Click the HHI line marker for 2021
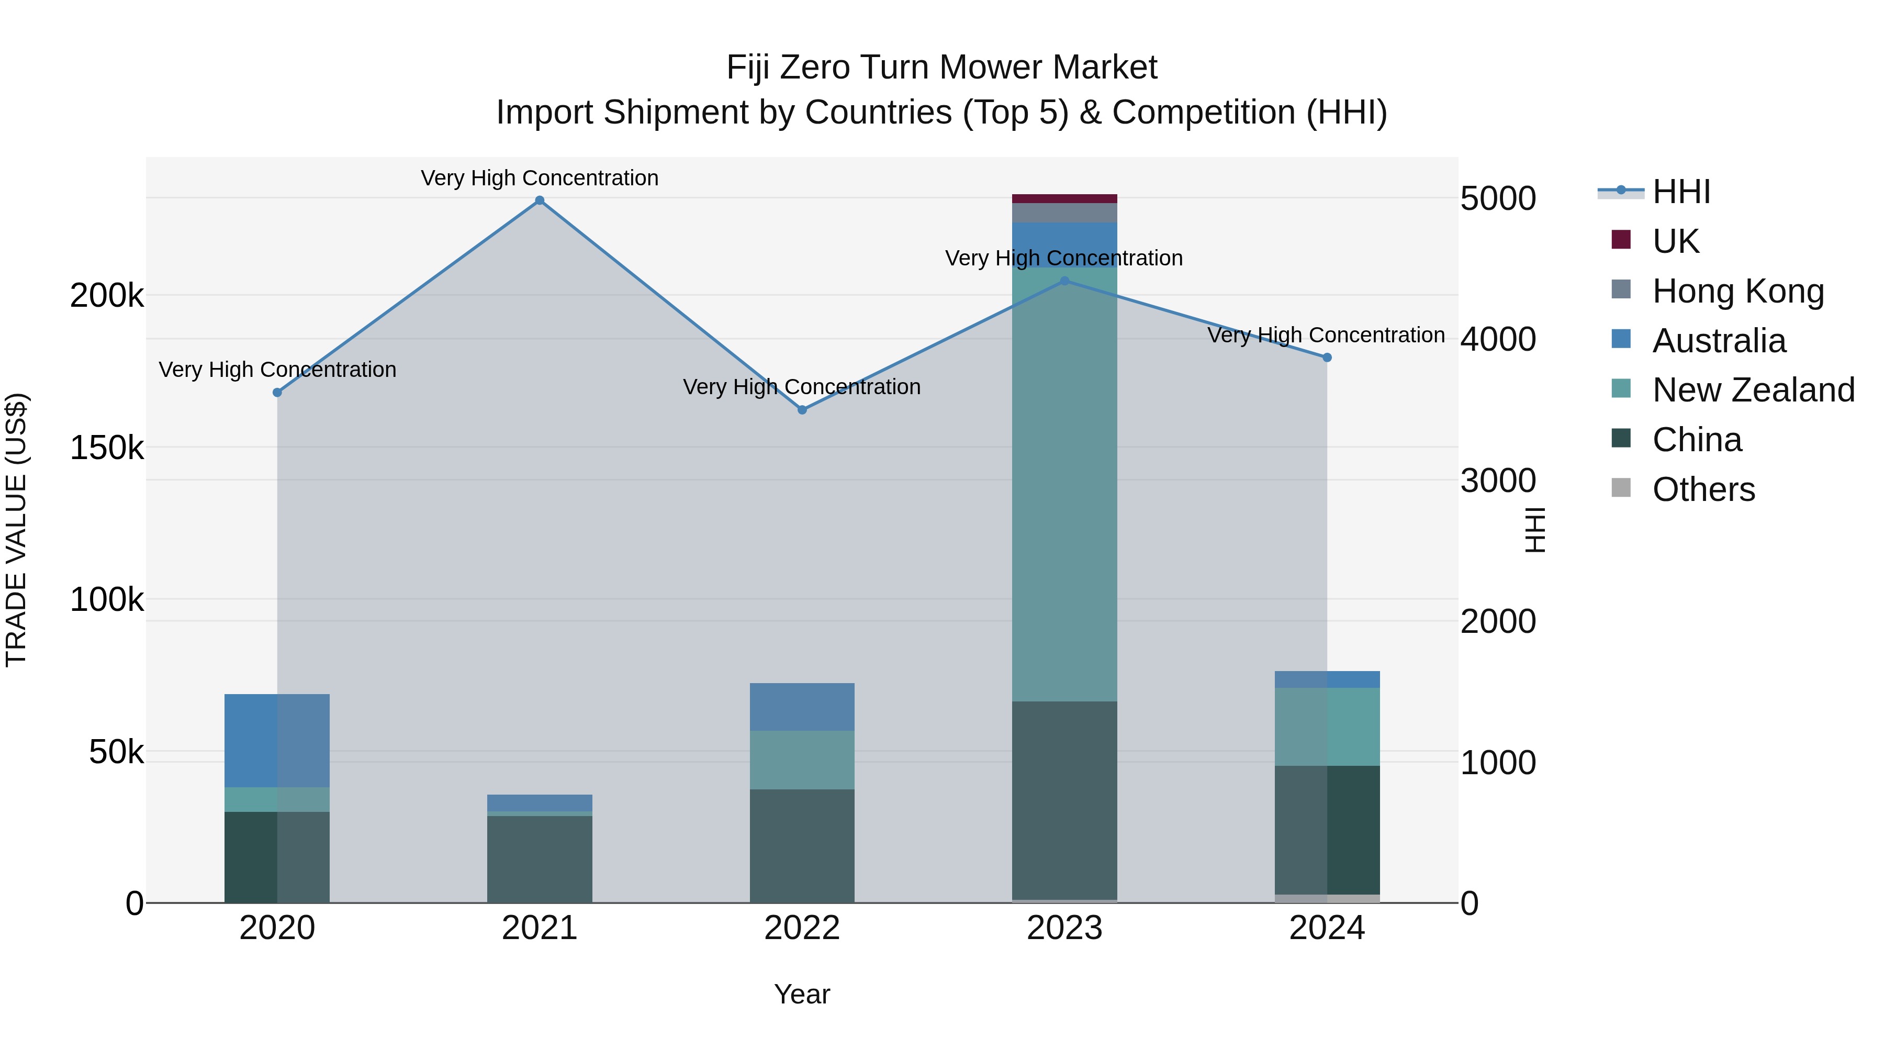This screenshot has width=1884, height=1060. [540, 200]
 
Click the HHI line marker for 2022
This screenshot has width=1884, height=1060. [802, 410]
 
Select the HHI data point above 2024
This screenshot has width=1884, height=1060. [1327, 358]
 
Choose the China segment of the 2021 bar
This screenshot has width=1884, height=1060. [540, 859]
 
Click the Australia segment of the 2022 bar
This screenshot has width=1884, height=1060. [802, 707]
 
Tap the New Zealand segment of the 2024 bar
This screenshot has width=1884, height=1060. [1327, 727]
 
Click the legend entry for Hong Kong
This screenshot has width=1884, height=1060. [1737, 291]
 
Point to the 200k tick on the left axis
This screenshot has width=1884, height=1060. [107, 296]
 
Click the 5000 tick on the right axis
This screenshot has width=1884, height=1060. [1498, 199]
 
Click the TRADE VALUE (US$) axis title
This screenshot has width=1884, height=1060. [16, 530]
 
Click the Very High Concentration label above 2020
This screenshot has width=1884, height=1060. [277, 370]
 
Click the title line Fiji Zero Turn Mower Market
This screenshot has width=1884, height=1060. [941, 68]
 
